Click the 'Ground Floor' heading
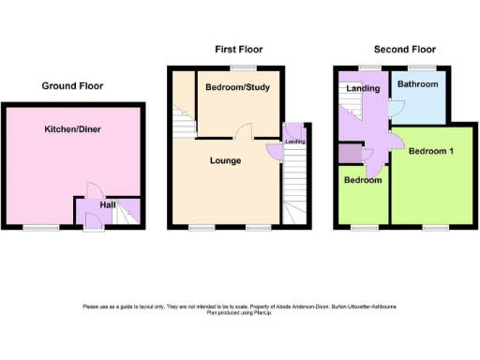[x=72, y=85]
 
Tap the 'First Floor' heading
[x=238, y=49]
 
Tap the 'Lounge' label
[x=225, y=160]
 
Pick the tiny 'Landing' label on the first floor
[x=295, y=142]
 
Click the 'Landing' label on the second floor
[x=363, y=89]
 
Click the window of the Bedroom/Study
[x=245, y=67]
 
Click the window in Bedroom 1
[x=431, y=228]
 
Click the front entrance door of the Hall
[x=92, y=221]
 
